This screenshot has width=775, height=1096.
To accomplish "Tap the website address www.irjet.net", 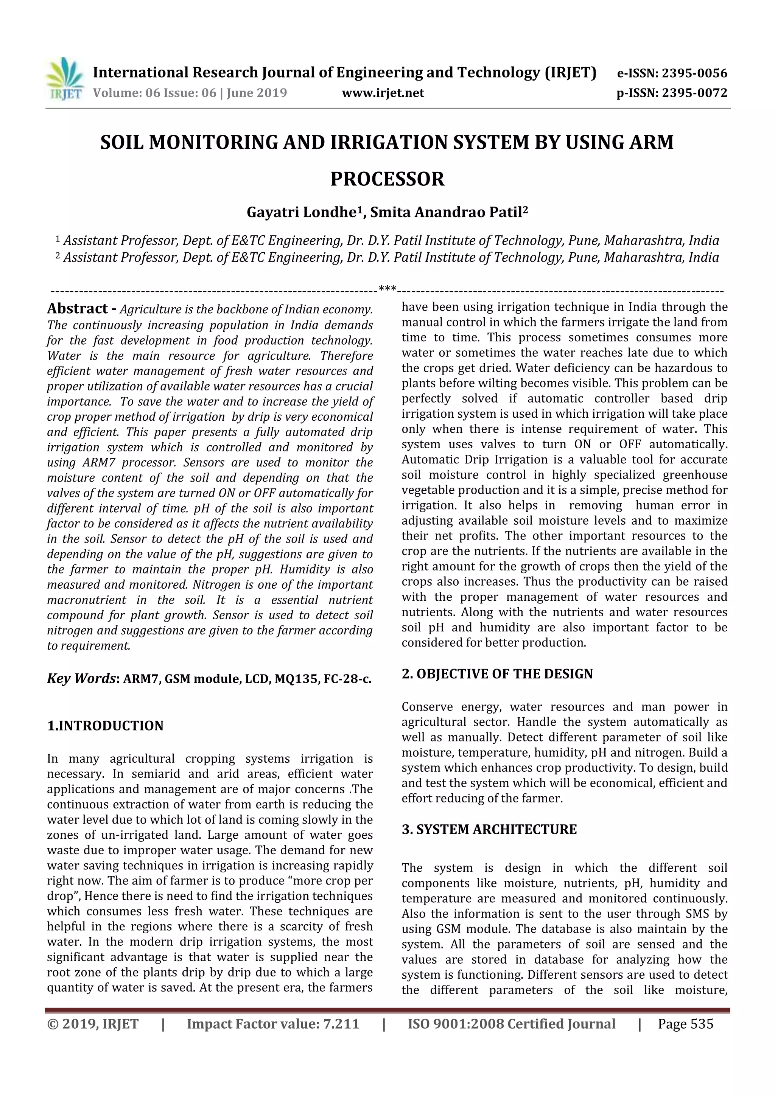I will click(383, 93).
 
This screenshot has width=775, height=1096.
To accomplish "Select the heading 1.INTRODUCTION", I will click(105, 726).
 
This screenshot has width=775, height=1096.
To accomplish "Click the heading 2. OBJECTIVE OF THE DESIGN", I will click(497, 674).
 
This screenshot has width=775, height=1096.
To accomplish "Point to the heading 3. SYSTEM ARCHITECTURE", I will click(489, 830).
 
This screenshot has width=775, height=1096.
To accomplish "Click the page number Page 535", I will click(685, 1024).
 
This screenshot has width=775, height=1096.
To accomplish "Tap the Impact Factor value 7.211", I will click(340, 1024).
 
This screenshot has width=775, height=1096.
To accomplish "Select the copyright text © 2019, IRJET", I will click(93, 1024).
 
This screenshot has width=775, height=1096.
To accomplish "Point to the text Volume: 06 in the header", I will click(121, 93).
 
